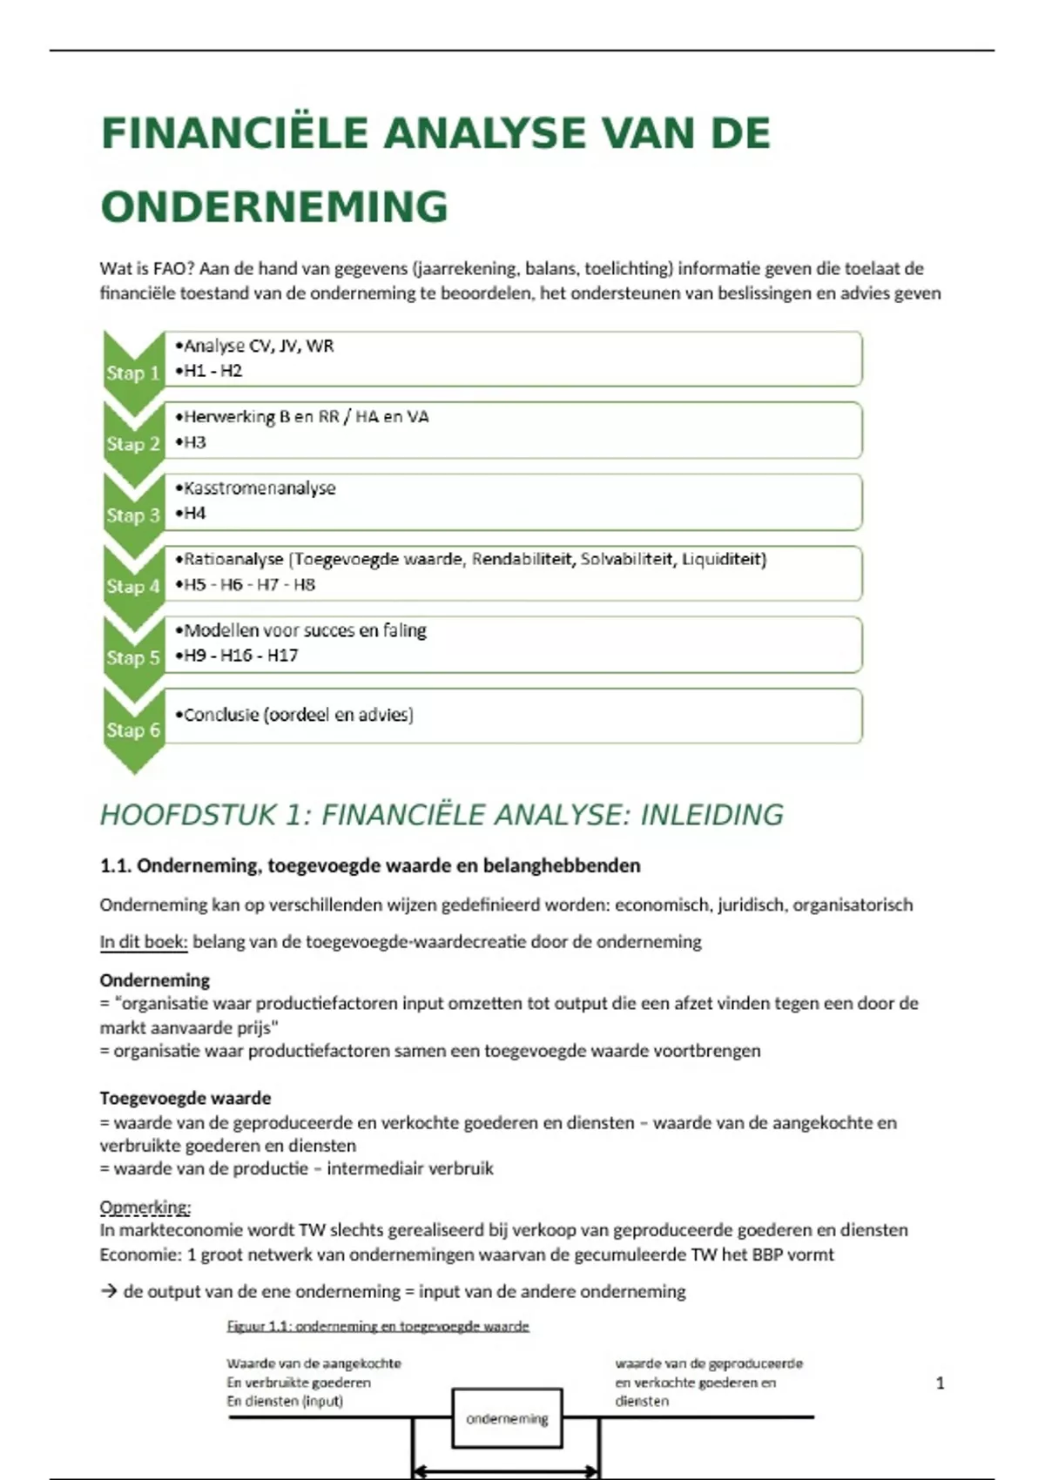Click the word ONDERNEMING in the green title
[x=274, y=207]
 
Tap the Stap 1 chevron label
[x=133, y=373]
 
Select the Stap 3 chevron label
[x=133, y=515]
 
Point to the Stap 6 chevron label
[x=133, y=730]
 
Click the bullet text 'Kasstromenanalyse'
[x=260, y=488]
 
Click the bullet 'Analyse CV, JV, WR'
[x=259, y=346]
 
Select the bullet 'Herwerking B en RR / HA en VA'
[x=306, y=417]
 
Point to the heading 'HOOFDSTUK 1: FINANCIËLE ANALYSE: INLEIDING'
[x=442, y=815]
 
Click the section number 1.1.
[x=115, y=865]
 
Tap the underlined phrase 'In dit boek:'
[x=143, y=942]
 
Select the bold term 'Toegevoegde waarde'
[x=185, y=1098]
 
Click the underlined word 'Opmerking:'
[x=145, y=1208]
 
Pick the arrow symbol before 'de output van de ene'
[x=109, y=1292]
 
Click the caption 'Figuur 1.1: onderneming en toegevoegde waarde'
[x=378, y=1327]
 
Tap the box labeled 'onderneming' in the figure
[x=508, y=1418]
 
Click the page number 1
[x=940, y=1382]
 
